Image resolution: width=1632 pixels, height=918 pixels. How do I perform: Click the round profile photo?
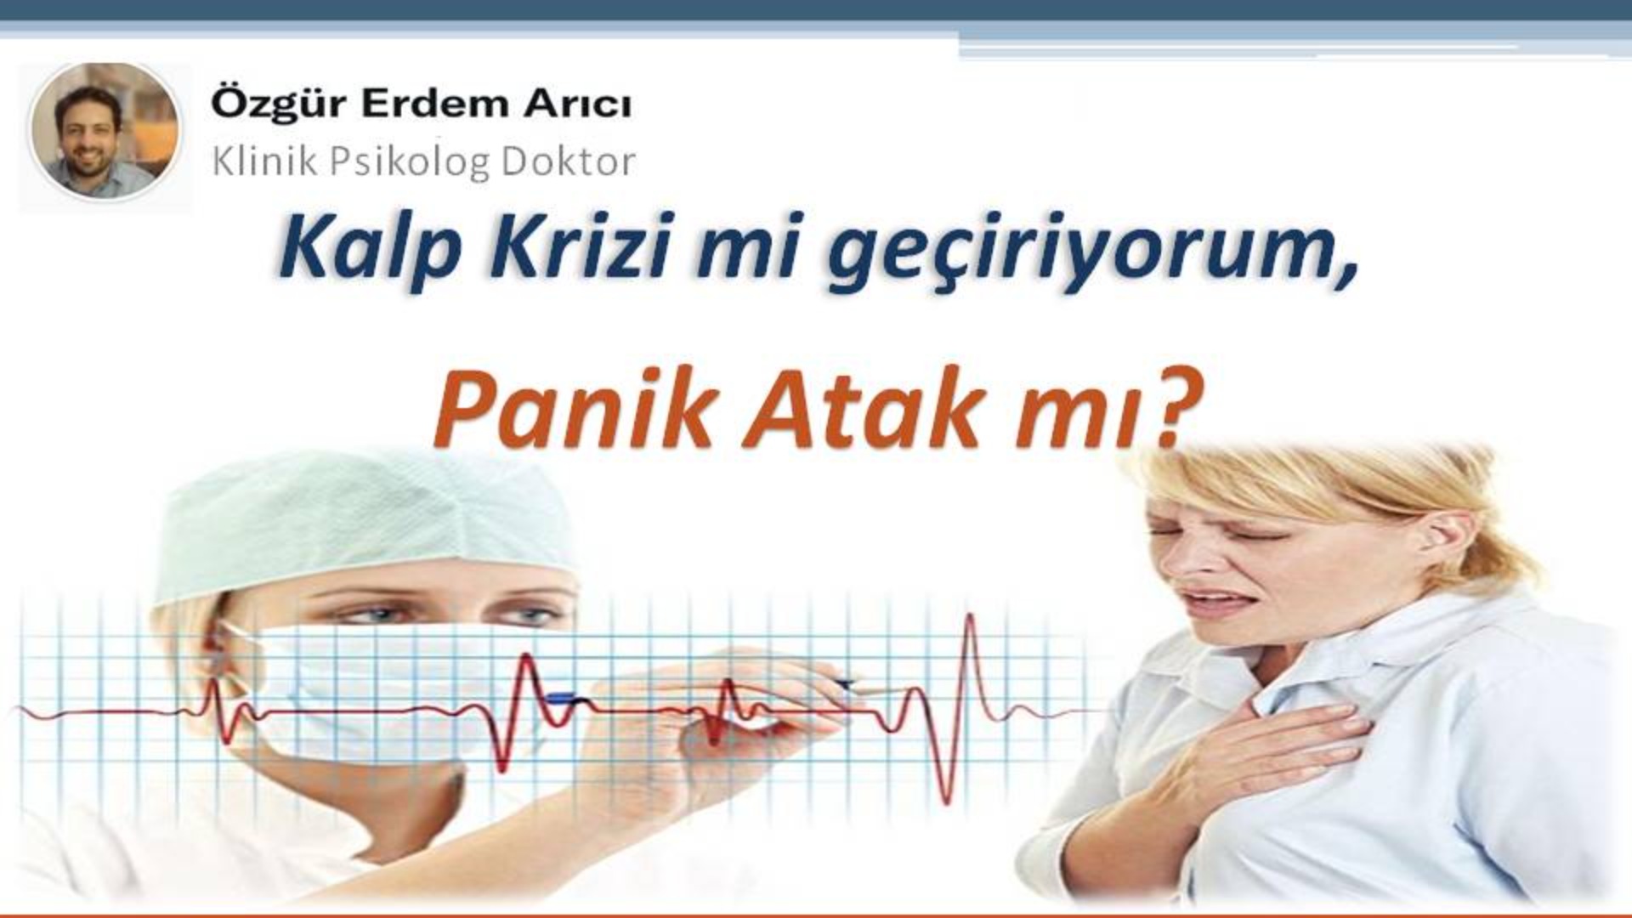point(105,132)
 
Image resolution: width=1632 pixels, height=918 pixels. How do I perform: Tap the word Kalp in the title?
point(372,249)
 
